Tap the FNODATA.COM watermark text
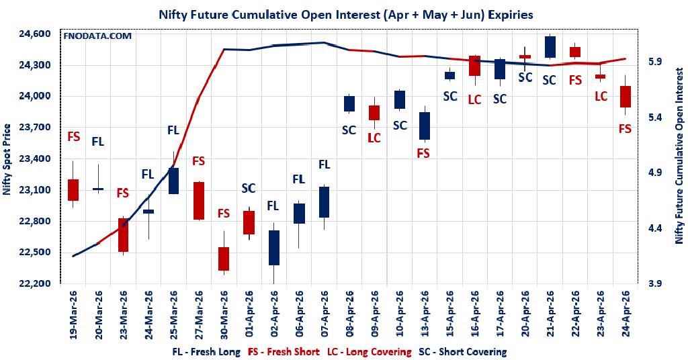(97, 36)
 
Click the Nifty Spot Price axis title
(7, 159)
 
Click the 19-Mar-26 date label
(74, 316)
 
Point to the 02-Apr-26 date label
(273, 316)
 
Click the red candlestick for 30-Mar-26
(224, 259)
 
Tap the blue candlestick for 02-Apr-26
(273, 248)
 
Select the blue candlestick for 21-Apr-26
(550, 47)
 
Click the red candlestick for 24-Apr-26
(625, 97)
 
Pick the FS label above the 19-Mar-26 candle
(74, 136)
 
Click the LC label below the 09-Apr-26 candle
(374, 138)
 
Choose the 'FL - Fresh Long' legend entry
(206, 351)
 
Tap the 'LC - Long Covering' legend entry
(369, 351)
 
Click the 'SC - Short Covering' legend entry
(462, 351)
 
